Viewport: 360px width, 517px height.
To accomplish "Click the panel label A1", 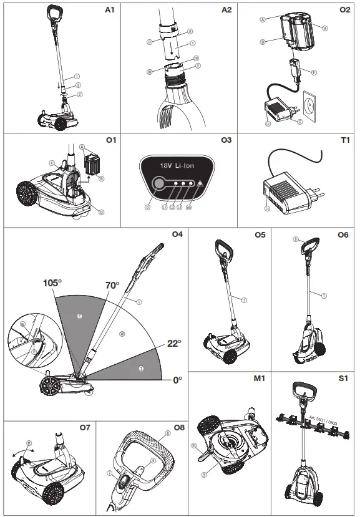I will point(110,11).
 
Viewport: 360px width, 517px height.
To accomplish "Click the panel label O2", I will point(345,11).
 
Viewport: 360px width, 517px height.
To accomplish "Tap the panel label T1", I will point(346,141).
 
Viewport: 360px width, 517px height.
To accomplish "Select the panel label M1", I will point(258,379).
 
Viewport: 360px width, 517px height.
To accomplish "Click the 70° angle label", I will point(112,286).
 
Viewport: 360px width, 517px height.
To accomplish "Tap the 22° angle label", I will point(174,344).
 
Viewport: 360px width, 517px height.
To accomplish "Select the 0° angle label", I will point(178,379).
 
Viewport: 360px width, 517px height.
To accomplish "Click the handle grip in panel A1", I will point(56,12).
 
